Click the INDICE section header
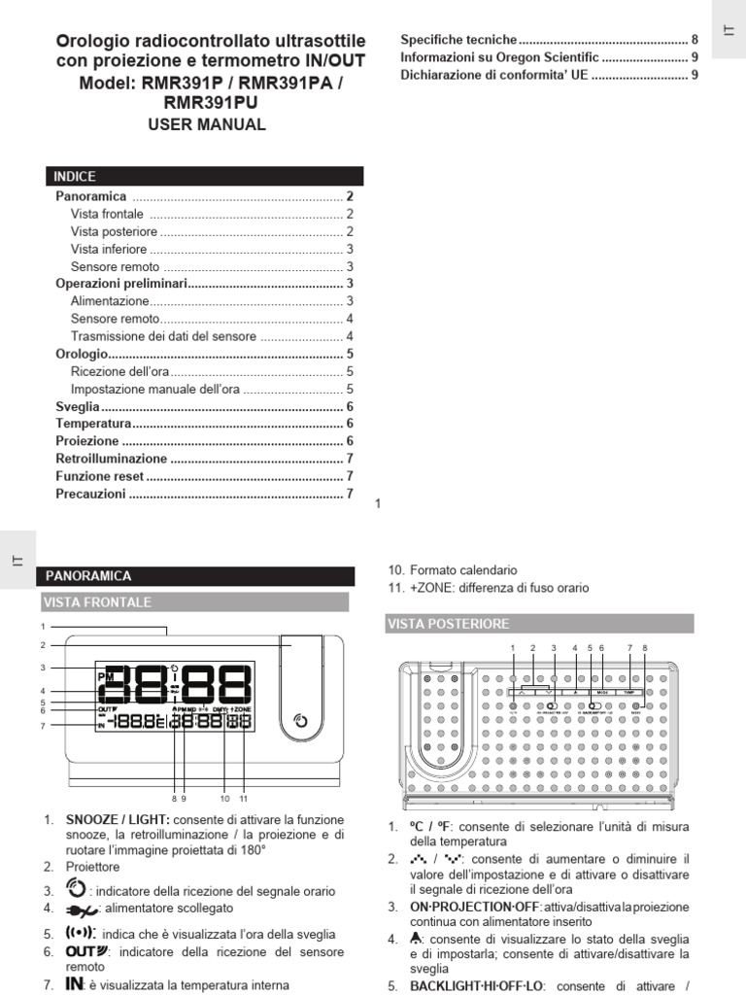click(x=76, y=177)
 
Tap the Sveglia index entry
click(x=78, y=407)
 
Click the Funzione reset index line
click(x=100, y=476)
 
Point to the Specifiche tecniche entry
click(x=458, y=40)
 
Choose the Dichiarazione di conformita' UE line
click(x=493, y=75)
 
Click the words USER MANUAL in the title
click(x=206, y=125)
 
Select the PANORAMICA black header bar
click(x=89, y=576)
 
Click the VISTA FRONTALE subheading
click(x=97, y=602)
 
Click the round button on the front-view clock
click(x=301, y=721)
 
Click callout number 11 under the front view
click(x=243, y=798)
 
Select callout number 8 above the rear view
click(x=644, y=647)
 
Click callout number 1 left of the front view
click(x=44, y=626)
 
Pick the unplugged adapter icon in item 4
click(x=82, y=909)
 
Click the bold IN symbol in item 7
click(x=74, y=984)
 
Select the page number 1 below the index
click(x=378, y=502)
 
